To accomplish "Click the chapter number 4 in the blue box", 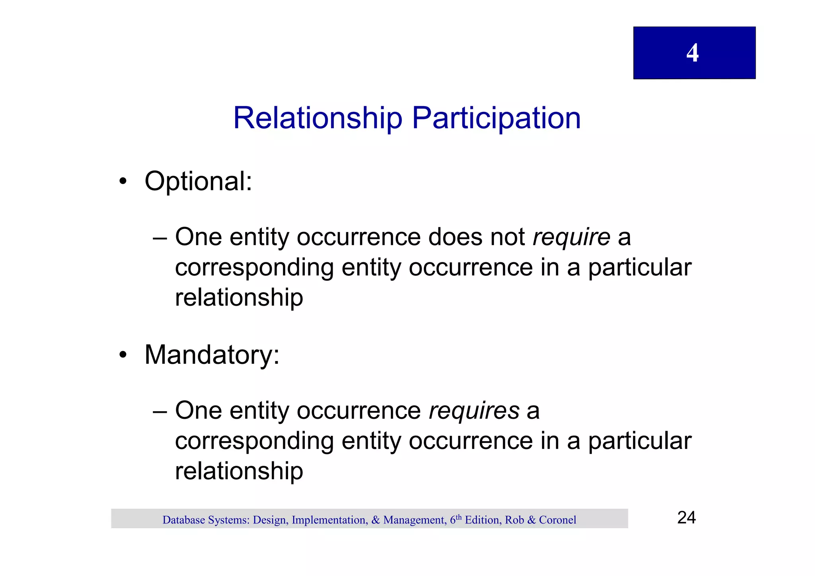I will pos(692,53).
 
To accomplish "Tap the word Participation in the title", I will pos(496,118).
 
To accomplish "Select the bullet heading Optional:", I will pos(198,182).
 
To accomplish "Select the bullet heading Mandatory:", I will pos(212,355).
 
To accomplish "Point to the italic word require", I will pos(571,237).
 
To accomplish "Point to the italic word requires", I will pos(474,411).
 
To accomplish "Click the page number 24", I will pos(686,518).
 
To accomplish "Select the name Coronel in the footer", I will pos(558,520).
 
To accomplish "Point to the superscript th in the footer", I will pos(459,517).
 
